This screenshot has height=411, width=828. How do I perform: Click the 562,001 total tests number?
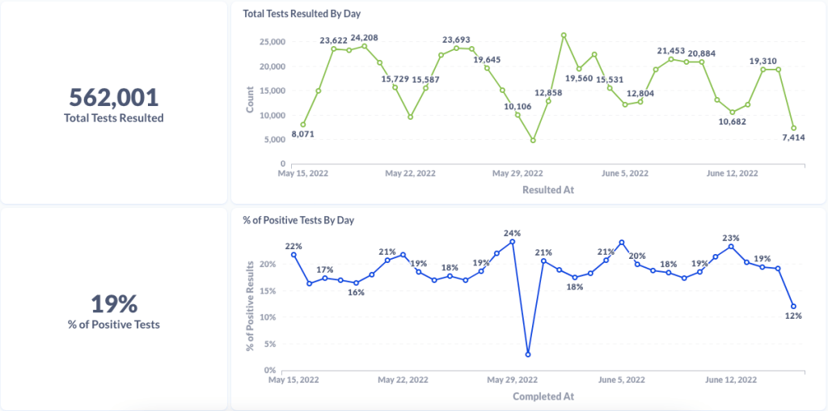click(x=114, y=97)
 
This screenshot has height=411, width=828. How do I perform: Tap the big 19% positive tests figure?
click(x=114, y=304)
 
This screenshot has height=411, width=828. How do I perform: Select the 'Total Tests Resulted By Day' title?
click(x=302, y=14)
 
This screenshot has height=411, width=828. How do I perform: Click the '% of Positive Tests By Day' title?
click(x=298, y=220)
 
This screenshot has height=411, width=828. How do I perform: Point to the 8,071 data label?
click(x=302, y=134)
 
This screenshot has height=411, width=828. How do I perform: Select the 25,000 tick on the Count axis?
click(x=271, y=41)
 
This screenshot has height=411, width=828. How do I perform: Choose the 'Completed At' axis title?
click(x=543, y=396)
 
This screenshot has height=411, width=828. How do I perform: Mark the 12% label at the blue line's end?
click(x=793, y=316)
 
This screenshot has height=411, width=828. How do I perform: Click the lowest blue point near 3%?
click(x=528, y=354)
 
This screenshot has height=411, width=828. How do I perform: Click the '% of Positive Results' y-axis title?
click(x=250, y=305)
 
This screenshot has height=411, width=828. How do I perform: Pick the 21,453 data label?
click(x=670, y=51)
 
